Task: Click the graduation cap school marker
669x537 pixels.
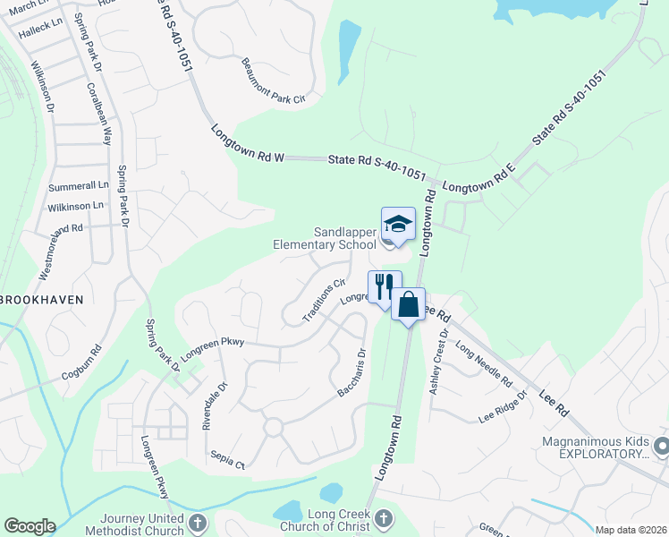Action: pyautogui.click(x=398, y=224)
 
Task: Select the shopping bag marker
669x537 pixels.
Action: pyautogui.click(x=408, y=304)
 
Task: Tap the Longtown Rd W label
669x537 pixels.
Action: pyautogui.click(x=248, y=143)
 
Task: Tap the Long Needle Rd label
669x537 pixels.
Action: pyautogui.click(x=483, y=364)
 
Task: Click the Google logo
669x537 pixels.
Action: pyautogui.click(x=30, y=526)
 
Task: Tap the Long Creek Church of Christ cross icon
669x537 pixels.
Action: pyautogui.click(x=383, y=518)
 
